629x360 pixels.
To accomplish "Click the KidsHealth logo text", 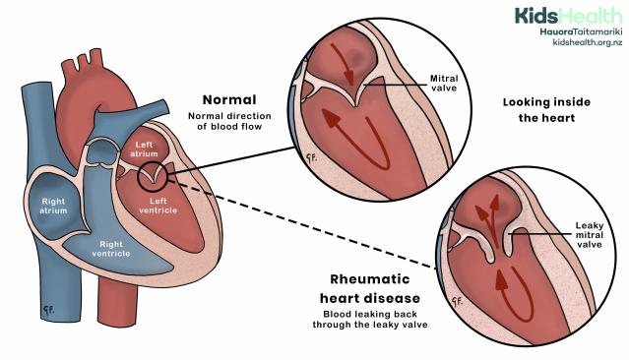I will (x=567, y=15).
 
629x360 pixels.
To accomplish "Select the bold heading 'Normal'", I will (x=229, y=99).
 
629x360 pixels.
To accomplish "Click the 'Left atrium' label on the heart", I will (x=145, y=150).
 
